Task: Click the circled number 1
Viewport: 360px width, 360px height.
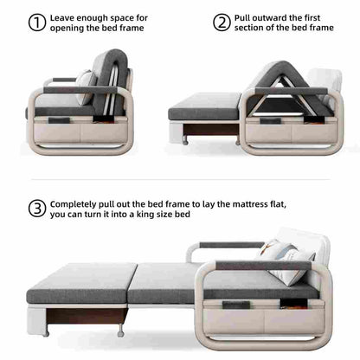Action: click(x=37, y=22)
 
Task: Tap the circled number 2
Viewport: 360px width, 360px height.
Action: click(x=222, y=22)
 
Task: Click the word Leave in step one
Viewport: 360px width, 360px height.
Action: click(x=65, y=17)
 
